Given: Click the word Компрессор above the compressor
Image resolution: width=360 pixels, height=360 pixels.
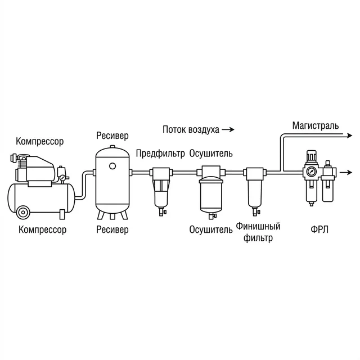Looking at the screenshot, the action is tap(40, 141).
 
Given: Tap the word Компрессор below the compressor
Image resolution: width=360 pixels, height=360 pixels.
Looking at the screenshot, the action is tap(43, 229).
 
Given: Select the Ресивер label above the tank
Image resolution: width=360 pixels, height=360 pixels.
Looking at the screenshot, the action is tap(112, 136).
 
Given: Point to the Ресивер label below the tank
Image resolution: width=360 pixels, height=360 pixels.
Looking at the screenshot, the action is tap(112, 229).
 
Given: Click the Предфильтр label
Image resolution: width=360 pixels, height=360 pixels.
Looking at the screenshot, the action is tap(160, 154).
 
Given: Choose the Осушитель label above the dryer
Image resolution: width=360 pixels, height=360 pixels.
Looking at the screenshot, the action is tap(211, 154).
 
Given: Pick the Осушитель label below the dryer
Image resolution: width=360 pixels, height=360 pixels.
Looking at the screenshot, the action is tap(211, 229).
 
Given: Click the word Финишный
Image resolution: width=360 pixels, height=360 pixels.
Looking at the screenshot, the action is tap(258, 226).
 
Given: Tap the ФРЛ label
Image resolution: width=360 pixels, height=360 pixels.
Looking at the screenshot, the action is tap(319, 229).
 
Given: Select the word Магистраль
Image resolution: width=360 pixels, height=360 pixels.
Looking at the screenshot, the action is tap(316, 126).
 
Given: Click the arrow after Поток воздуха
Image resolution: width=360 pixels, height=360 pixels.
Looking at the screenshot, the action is tap(228, 130).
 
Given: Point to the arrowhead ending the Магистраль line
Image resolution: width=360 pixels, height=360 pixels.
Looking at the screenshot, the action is tap(349, 136).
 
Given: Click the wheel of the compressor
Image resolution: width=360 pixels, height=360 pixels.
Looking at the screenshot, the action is tap(23, 213).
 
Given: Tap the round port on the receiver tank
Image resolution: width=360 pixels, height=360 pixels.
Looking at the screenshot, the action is tap(112, 166).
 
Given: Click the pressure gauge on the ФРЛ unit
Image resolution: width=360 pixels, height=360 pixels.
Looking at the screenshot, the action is tap(311, 172).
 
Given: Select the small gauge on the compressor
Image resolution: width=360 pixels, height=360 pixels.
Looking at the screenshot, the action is tap(62, 178).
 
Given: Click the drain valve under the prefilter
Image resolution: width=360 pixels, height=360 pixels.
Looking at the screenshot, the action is tap(162, 211).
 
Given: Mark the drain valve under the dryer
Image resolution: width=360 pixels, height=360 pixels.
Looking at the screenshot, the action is tap(212, 215).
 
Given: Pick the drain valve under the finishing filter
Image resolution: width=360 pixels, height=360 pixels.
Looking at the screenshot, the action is tap(255, 211).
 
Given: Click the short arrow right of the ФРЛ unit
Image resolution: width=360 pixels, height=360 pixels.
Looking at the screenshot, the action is tap(346, 173).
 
